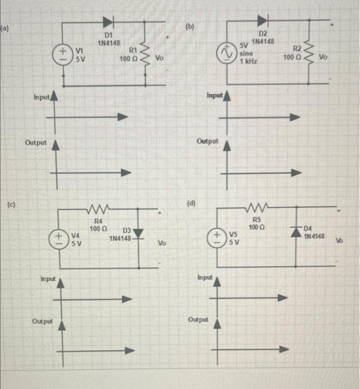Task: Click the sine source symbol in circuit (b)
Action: (226, 55)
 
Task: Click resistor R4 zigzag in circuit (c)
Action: (98, 211)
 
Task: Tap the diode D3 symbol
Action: (139, 232)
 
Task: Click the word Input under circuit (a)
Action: (41, 97)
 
